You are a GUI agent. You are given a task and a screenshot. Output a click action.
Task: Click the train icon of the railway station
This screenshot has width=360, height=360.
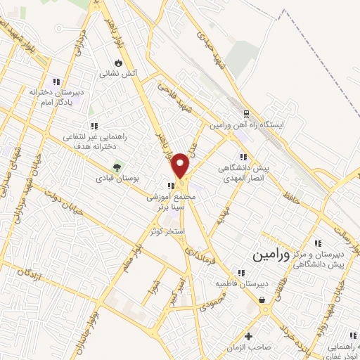[x=246, y=114]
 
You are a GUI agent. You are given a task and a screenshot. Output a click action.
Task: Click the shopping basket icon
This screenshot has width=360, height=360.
[x=263, y=300]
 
